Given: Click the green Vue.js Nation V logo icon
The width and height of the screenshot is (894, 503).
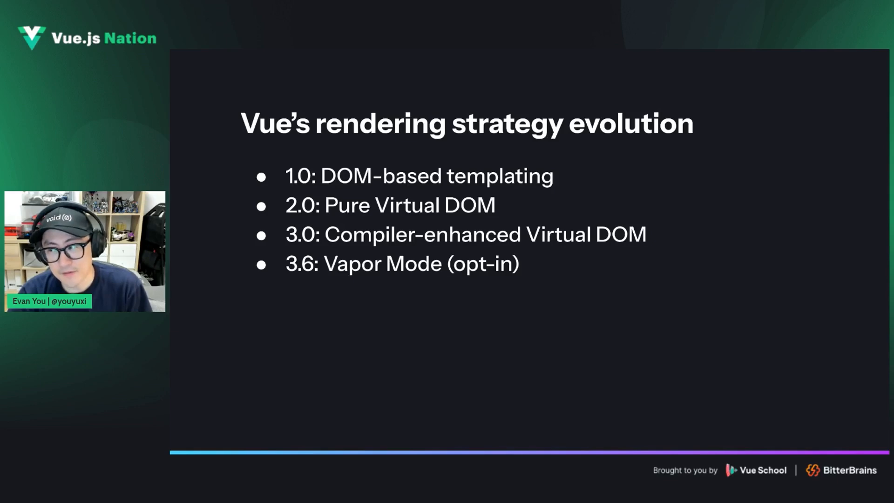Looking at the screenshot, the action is click(x=32, y=38).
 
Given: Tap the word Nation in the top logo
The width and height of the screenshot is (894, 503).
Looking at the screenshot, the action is click(x=130, y=38).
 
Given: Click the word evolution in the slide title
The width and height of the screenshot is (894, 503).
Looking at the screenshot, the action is click(x=631, y=123).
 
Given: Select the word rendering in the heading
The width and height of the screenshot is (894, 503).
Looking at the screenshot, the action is click(x=380, y=124).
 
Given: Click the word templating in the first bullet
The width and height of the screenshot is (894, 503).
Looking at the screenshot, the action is click(x=500, y=177).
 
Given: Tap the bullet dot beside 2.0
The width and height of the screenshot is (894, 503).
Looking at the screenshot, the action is click(x=261, y=206).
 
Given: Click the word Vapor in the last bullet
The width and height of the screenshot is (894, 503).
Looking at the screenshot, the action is click(x=352, y=265).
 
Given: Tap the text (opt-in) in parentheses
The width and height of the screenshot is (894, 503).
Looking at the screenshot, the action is click(x=483, y=265).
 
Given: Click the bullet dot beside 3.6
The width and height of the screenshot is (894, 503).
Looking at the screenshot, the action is click(x=261, y=265).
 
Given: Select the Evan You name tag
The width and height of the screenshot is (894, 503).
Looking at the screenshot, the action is click(x=49, y=301).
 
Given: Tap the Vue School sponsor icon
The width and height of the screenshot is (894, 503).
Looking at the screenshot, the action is click(x=731, y=470).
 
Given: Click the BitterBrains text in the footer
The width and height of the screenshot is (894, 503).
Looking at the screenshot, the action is click(x=850, y=470).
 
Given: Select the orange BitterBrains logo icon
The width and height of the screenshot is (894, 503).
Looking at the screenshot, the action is click(x=813, y=470).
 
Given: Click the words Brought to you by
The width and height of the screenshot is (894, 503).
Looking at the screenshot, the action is click(x=685, y=470).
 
